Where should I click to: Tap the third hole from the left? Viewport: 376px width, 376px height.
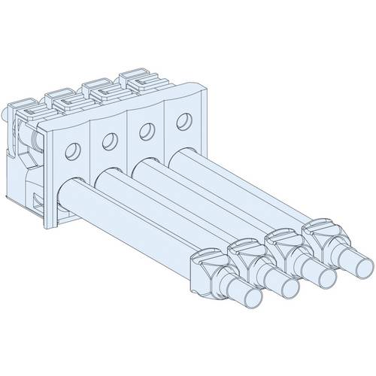(144, 129)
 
